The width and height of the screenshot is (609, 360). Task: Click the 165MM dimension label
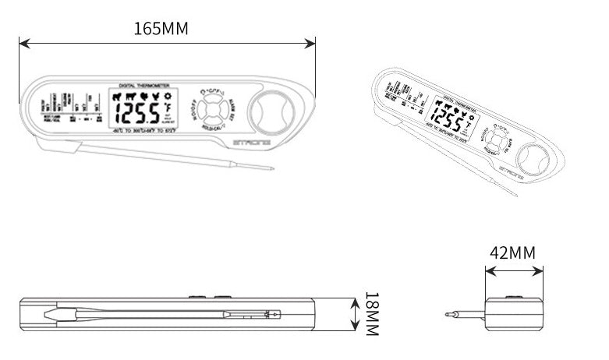click(161, 29)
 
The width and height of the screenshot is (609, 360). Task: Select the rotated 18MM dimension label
click(372, 314)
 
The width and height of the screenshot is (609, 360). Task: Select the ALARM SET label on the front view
click(231, 108)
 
